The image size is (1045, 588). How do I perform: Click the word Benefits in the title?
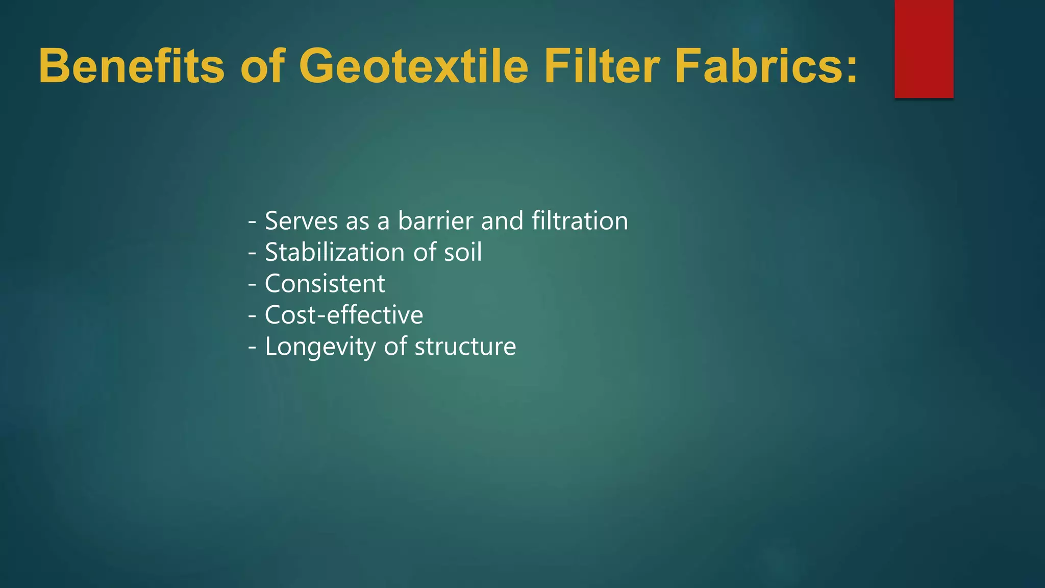click(131, 66)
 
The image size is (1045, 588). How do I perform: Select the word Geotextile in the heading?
click(413, 66)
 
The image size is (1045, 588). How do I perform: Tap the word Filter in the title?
click(601, 66)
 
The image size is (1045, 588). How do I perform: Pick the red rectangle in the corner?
click(924, 48)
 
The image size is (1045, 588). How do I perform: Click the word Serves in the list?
click(302, 221)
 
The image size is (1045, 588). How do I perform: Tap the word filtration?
click(580, 221)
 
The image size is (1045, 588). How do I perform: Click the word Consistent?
click(325, 284)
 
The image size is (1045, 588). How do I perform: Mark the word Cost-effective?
click(344, 315)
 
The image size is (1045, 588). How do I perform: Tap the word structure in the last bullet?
click(465, 347)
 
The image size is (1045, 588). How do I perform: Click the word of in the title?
click(262, 66)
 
